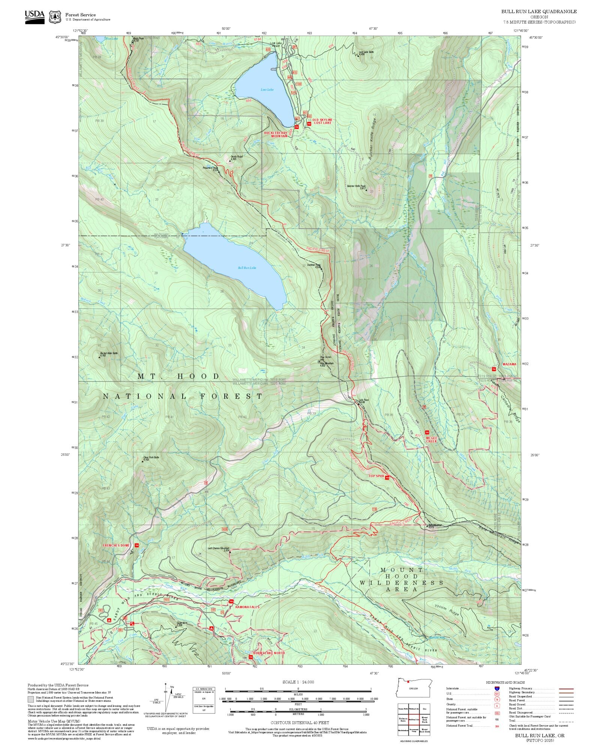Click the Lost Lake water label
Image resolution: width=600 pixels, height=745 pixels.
pyautogui.click(x=267, y=90)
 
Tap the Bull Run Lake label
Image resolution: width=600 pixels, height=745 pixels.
pyautogui.click(x=247, y=268)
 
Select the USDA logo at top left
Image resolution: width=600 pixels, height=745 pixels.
pyautogui.click(x=34, y=17)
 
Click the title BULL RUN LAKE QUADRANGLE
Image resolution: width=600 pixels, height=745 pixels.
pyautogui.click(x=539, y=12)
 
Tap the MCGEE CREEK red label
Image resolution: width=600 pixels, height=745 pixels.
pyautogui.click(x=431, y=440)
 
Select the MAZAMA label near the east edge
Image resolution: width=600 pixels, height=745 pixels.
pyautogui.click(x=509, y=364)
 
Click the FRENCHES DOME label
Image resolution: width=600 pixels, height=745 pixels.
pyautogui.click(x=116, y=545)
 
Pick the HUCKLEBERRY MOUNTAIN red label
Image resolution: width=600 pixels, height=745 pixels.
pyautogui.click(x=276, y=134)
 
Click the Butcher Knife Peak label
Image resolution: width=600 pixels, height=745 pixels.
pyautogui.click(x=356, y=186)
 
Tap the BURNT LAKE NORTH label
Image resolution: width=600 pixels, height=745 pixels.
pyautogui.click(x=269, y=653)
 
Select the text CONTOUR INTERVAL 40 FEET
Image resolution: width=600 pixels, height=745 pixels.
pyautogui.click(x=300, y=722)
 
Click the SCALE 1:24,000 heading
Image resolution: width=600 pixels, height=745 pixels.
pyautogui.click(x=298, y=682)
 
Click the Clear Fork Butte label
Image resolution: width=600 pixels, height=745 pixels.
pyautogui.click(x=151, y=458)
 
